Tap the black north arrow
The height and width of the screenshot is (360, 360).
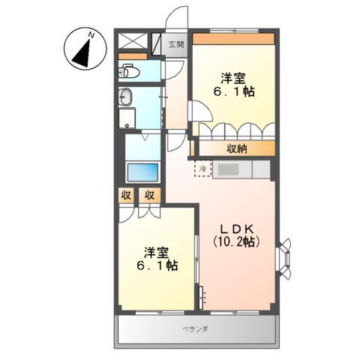(x=83, y=52)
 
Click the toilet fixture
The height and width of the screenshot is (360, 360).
(x=128, y=72)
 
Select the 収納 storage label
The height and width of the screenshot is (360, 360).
(x=235, y=148)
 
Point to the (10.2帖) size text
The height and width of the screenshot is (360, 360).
(x=235, y=242)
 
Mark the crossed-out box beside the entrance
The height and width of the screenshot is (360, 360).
(x=133, y=41)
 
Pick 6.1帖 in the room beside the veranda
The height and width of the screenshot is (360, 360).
(x=157, y=265)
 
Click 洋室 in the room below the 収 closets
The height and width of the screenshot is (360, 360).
(x=157, y=250)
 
